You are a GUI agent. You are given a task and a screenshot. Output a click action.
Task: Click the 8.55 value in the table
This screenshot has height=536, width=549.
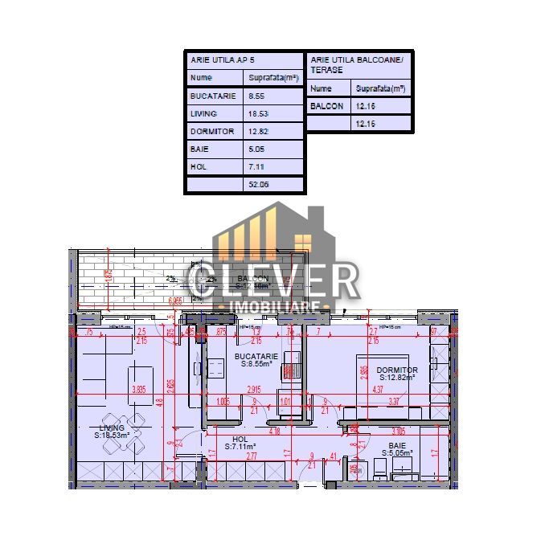click(x=259, y=96)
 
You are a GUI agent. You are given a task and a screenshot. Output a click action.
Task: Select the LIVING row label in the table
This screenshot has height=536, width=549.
click(x=204, y=113)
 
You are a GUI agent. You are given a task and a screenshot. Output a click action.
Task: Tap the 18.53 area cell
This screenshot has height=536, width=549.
click(x=259, y=113)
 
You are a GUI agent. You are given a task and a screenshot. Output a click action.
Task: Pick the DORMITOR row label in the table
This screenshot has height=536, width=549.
click(x=211, y=131)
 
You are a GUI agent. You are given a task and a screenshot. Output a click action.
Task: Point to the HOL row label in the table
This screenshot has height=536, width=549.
click(x=199, y=166)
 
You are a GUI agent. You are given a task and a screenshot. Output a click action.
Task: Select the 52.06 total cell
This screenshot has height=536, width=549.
click(x=259, y=184)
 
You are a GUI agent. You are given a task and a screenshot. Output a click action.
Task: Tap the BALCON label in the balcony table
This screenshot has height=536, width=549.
click(x=326, y=106)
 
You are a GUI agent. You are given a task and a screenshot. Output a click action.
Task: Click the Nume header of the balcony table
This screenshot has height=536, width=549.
click(x=321, y=88)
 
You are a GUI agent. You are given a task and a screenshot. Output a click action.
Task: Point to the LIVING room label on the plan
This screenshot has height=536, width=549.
click(x=112, y=428)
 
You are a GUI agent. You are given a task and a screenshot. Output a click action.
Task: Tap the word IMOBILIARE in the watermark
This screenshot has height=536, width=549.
click(x=277, y=307)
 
